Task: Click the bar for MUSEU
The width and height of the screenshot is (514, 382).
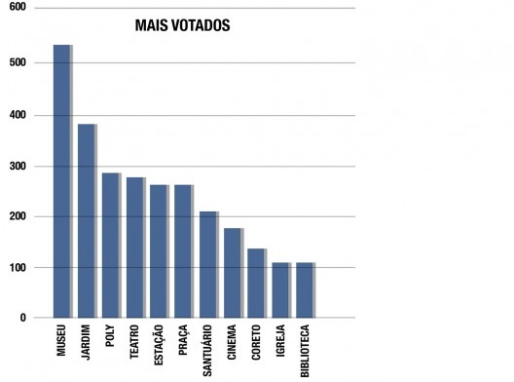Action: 61,181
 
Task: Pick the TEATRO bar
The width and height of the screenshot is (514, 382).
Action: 134,248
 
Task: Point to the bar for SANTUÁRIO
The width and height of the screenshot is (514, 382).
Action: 207,264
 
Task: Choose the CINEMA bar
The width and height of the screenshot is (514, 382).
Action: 232,273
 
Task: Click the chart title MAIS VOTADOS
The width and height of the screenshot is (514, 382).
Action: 182,25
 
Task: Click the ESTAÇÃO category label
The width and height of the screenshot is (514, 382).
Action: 159,347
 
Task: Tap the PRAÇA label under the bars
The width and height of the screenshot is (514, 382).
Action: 183,343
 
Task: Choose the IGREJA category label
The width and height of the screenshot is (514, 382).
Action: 280,343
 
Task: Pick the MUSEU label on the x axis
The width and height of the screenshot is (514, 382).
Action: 61,343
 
